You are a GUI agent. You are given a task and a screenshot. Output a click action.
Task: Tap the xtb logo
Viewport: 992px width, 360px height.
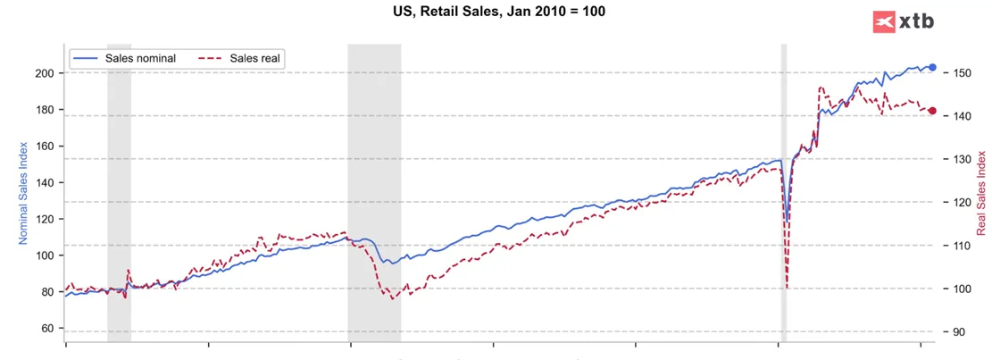click(903, 22)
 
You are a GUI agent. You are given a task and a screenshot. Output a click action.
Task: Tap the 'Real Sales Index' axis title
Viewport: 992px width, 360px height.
click(981, 192)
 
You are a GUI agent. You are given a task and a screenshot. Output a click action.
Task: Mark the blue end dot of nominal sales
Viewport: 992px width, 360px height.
click(932, 67)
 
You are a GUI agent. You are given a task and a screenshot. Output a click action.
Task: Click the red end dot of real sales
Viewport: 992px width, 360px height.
click(932, 111)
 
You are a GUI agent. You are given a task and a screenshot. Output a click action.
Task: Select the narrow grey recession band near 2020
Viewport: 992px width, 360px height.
click(784, 194)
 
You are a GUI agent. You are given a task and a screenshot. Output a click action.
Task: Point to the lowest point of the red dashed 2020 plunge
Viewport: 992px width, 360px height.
click(787, 289)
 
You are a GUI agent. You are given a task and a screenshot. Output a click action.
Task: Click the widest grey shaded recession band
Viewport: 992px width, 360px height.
click(374, 194)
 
